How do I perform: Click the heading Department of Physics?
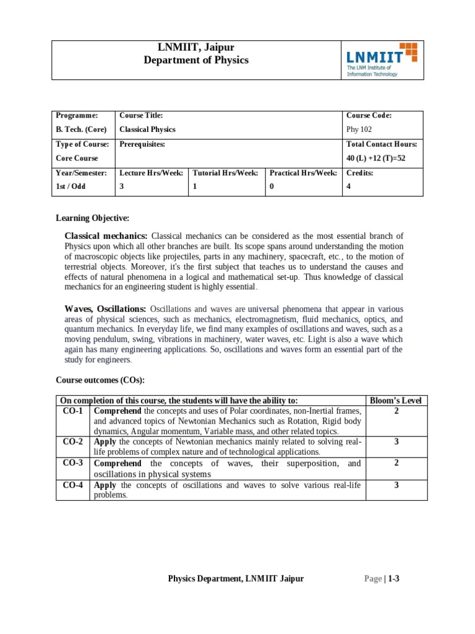coord(195,60)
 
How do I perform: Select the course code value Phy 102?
coord(359,129)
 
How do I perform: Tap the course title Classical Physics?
coord(147,129)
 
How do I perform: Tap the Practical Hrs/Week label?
coord(303,173)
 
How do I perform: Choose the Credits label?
coord(359,173)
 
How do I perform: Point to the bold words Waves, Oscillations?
coord(105,309)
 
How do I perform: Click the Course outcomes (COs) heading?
coord(100,380)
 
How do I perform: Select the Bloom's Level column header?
coord(395,401)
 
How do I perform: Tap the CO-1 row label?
coord(73,410)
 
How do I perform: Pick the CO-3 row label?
coord(73,463)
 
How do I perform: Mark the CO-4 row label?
coord(73,485)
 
